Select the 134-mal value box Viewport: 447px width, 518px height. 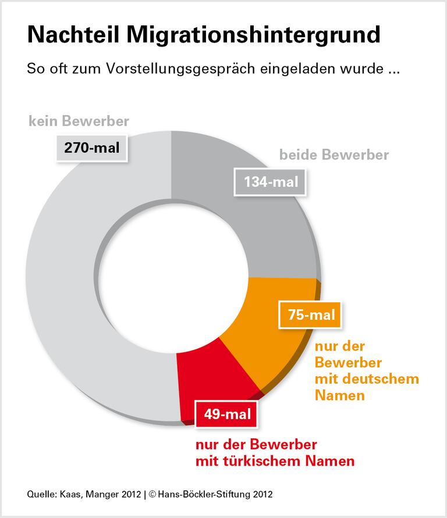pos(271,182)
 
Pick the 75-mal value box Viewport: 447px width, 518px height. pos(311,316)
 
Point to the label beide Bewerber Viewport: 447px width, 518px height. pos(334,155)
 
